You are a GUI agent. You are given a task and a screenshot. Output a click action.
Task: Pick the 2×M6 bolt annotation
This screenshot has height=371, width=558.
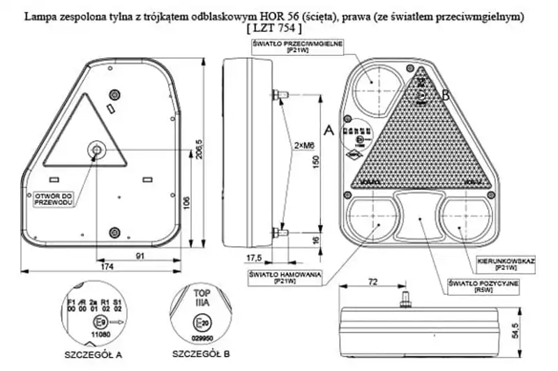[x=303, y=145]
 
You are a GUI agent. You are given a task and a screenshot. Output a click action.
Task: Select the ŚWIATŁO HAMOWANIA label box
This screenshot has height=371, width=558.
[x=284, y=278]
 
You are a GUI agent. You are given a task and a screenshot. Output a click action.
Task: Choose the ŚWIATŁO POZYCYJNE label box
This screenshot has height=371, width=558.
[x=483, y=286]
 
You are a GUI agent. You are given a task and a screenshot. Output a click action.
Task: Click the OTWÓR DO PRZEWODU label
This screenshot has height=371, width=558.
[x=53, y=199]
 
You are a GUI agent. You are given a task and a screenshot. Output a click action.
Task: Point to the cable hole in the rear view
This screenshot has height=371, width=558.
[x=95, y=149]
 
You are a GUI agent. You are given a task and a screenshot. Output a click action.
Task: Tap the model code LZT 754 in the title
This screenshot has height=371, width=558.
[x=274, y=29]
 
